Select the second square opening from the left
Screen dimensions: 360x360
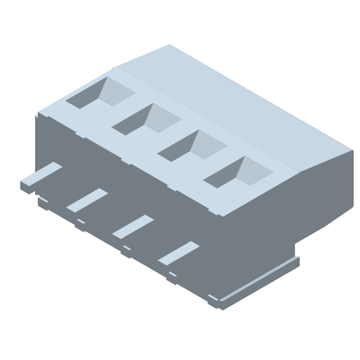coord(146,119)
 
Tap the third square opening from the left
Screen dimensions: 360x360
coord(192,146)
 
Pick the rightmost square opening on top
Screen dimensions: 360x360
coord(238,172)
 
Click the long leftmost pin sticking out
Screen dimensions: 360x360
coord(40,175)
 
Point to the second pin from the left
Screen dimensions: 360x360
coord(87,200)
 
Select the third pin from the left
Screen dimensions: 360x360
coord(133,226)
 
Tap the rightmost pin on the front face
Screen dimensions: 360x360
coord(178,252)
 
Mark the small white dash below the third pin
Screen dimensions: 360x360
coord(127,247)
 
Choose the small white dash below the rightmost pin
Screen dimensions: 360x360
coord(172,274)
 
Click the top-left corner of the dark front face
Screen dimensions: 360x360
coord(37,116)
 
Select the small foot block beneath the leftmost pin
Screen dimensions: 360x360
coord(43,203)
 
